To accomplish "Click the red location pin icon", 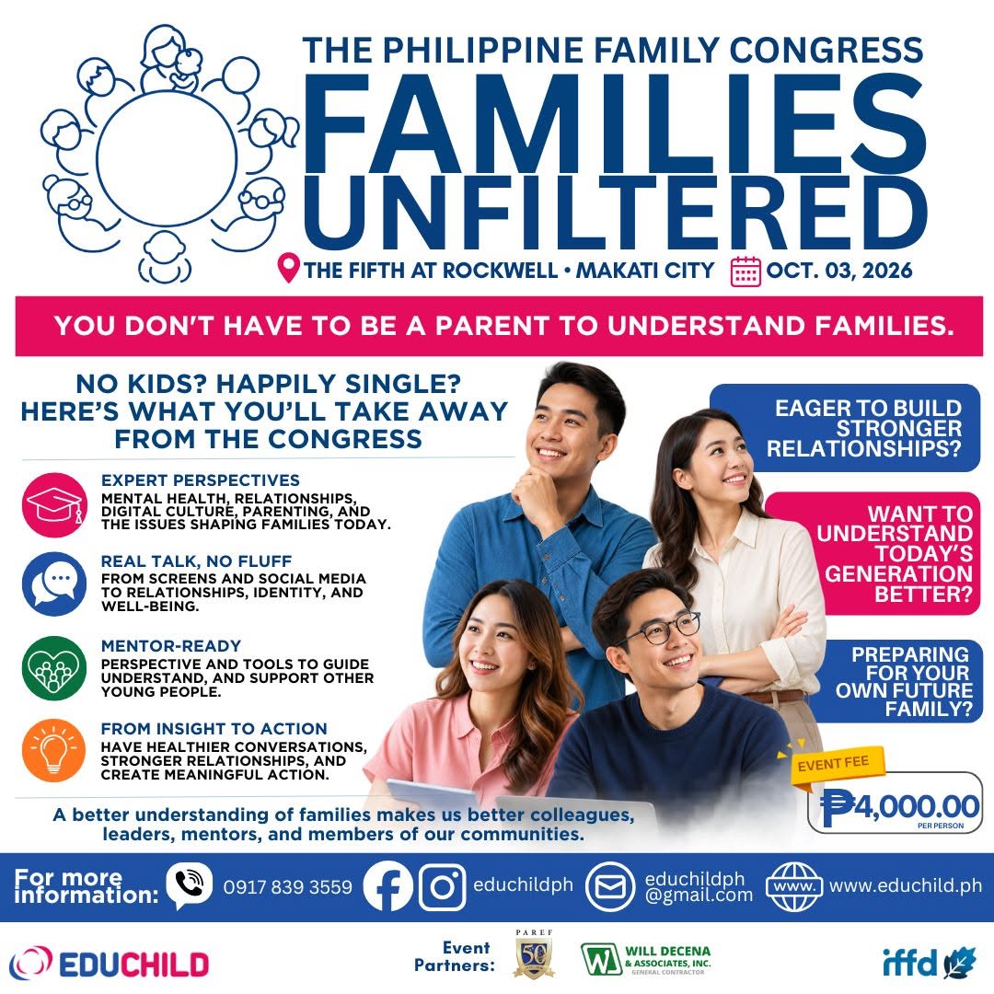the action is point(288,268).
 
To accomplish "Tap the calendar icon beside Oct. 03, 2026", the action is point(745,272).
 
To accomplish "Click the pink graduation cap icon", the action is point(54,504).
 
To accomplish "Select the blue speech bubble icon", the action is point(54,584).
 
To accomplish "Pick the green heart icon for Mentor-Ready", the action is point(54,668).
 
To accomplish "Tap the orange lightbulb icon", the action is point(54,750).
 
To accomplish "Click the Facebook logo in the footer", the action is point(388,885).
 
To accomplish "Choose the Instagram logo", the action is point(443,886).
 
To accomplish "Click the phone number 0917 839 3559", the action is point(288,887).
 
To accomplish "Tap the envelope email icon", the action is point(610,886).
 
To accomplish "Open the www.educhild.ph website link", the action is point(906,885).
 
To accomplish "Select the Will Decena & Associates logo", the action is point(646,959).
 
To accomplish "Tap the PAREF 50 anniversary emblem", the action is point(533,954).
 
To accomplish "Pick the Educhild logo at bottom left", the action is point(109,965).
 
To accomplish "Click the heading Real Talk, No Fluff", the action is point(197,561).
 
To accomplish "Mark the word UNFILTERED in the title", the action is point(614,213).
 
